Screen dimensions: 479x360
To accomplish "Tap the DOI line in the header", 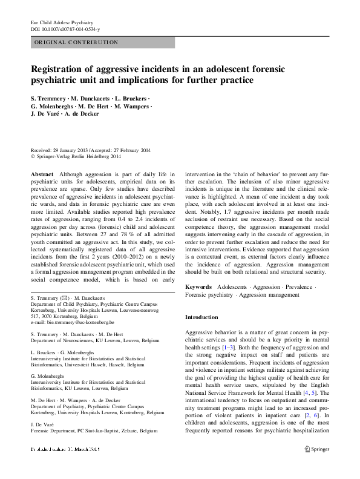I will [x=65, y=29].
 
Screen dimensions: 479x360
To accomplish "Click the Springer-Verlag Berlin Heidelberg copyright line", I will [x=80, y=156].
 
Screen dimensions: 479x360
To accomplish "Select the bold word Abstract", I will [x=41, y=174].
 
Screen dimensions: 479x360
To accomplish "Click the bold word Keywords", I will [x=198, y=285].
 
